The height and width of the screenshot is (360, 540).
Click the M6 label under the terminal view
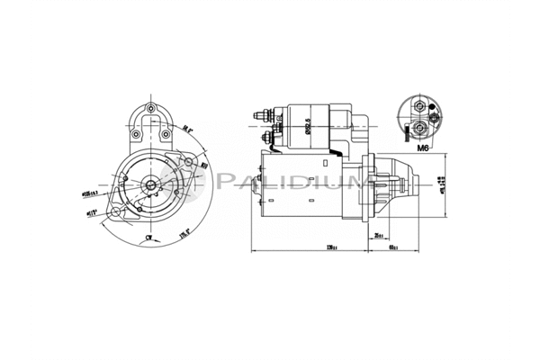422,143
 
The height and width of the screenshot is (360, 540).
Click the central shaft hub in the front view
150,186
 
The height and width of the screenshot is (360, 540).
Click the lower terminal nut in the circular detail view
422,126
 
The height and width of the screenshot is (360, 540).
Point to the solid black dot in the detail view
435,117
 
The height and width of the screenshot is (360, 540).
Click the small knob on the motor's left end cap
256,185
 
